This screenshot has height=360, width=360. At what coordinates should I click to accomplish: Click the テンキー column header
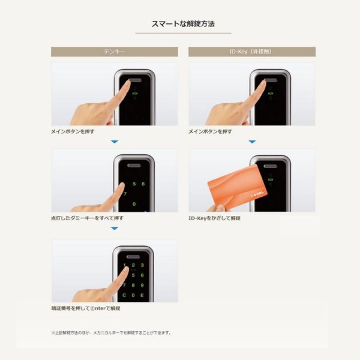(x=115, y=52)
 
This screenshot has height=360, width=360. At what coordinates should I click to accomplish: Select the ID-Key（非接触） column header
(x=251, y=52)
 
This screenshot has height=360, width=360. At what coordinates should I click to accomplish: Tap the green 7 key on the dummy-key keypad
(x=125, y=194)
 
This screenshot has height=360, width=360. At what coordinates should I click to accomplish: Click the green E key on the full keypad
(x=142, y=295)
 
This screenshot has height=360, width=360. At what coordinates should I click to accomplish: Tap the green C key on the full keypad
(x=124, y=295)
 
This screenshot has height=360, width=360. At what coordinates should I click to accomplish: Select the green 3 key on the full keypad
(x=142, y=265)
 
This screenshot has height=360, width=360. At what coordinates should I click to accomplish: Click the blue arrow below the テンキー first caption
(x=115, y=142)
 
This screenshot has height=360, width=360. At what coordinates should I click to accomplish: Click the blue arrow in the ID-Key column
(x=252, y=142)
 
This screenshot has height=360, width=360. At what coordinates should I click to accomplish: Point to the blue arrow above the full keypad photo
(x=115, y=229)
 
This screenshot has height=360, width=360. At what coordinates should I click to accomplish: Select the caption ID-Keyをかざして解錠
(x=215, y=218)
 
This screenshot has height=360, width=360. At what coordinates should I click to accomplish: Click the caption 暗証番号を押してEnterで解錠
(x=86, y=308)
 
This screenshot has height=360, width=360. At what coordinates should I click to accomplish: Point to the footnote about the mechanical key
(x=111, y=332)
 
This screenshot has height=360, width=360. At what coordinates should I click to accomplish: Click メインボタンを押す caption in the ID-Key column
(x=210, y=130)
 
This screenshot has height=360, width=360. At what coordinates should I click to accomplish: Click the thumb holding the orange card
(x=211, y=208)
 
